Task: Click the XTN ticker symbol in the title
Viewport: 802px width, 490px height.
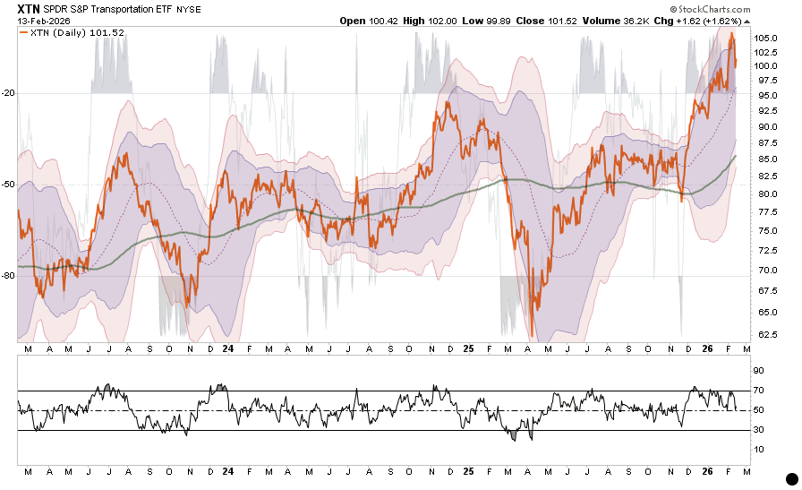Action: click(28, 8)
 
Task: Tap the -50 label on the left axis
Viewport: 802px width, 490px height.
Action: click(9, 185)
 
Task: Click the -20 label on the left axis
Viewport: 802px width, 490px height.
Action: click(9, 93)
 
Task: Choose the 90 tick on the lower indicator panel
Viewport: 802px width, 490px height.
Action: click(757, 370)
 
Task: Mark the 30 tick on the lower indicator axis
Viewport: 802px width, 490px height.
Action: click(757, 430)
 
